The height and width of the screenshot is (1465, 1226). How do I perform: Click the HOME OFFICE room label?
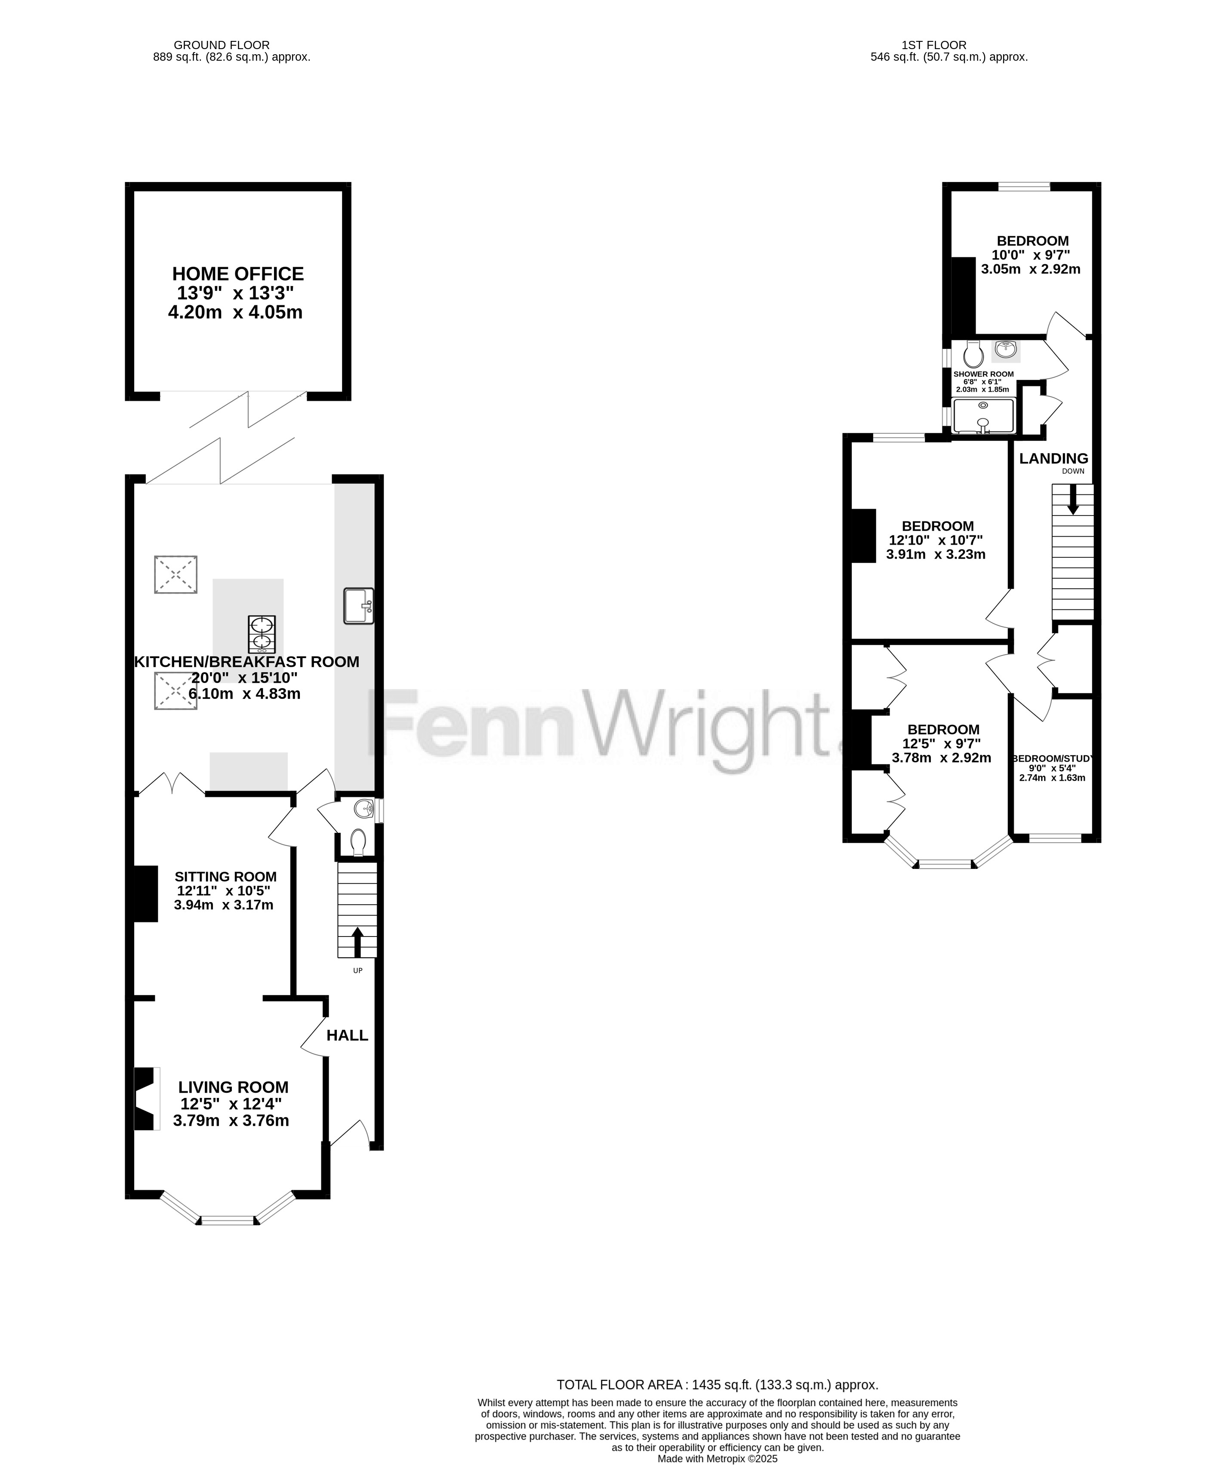238,273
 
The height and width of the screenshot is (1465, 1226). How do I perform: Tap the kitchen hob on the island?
262,634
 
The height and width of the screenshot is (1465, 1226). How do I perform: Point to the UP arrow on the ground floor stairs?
358,941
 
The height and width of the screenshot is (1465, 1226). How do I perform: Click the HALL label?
347,1035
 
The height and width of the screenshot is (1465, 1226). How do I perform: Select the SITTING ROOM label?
225,876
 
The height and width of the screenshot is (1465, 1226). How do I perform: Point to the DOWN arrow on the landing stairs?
1072,500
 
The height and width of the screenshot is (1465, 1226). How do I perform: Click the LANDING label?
1054,458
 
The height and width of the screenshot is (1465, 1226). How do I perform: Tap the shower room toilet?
973,354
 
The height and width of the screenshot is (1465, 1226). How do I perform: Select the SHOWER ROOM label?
983,374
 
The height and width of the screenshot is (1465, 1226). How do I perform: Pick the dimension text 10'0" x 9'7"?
1031,255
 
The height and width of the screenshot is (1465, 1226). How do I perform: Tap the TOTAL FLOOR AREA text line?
717,1385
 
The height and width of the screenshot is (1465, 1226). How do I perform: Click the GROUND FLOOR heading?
222,45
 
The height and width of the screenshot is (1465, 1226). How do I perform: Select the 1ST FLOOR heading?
934,45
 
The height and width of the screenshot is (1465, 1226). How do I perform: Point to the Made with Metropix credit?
717,1459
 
